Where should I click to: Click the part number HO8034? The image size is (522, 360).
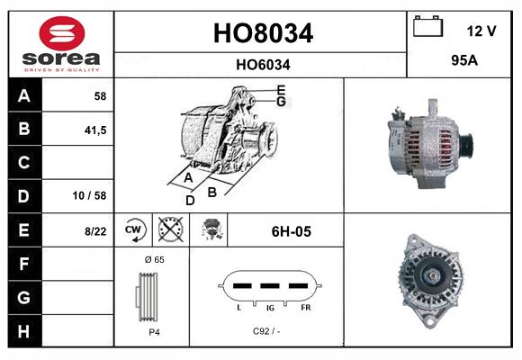(x=263, y=34)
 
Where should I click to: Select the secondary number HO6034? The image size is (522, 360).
(x=263, y=64)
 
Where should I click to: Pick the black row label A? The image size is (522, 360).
(x=23, y=95)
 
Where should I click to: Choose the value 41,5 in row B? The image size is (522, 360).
(x=94, y=130)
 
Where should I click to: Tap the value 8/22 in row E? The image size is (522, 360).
(x=94, y=231)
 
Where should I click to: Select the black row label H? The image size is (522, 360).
(x=23, y=331)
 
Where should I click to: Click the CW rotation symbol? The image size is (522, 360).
(x=134, y=230)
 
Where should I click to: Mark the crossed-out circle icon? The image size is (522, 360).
(x=168, y=230)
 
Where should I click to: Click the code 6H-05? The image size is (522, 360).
(x=291, y=231)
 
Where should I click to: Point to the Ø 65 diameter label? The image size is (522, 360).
(x=153, y=259)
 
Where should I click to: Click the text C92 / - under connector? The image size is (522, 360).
(x=266, y=330)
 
